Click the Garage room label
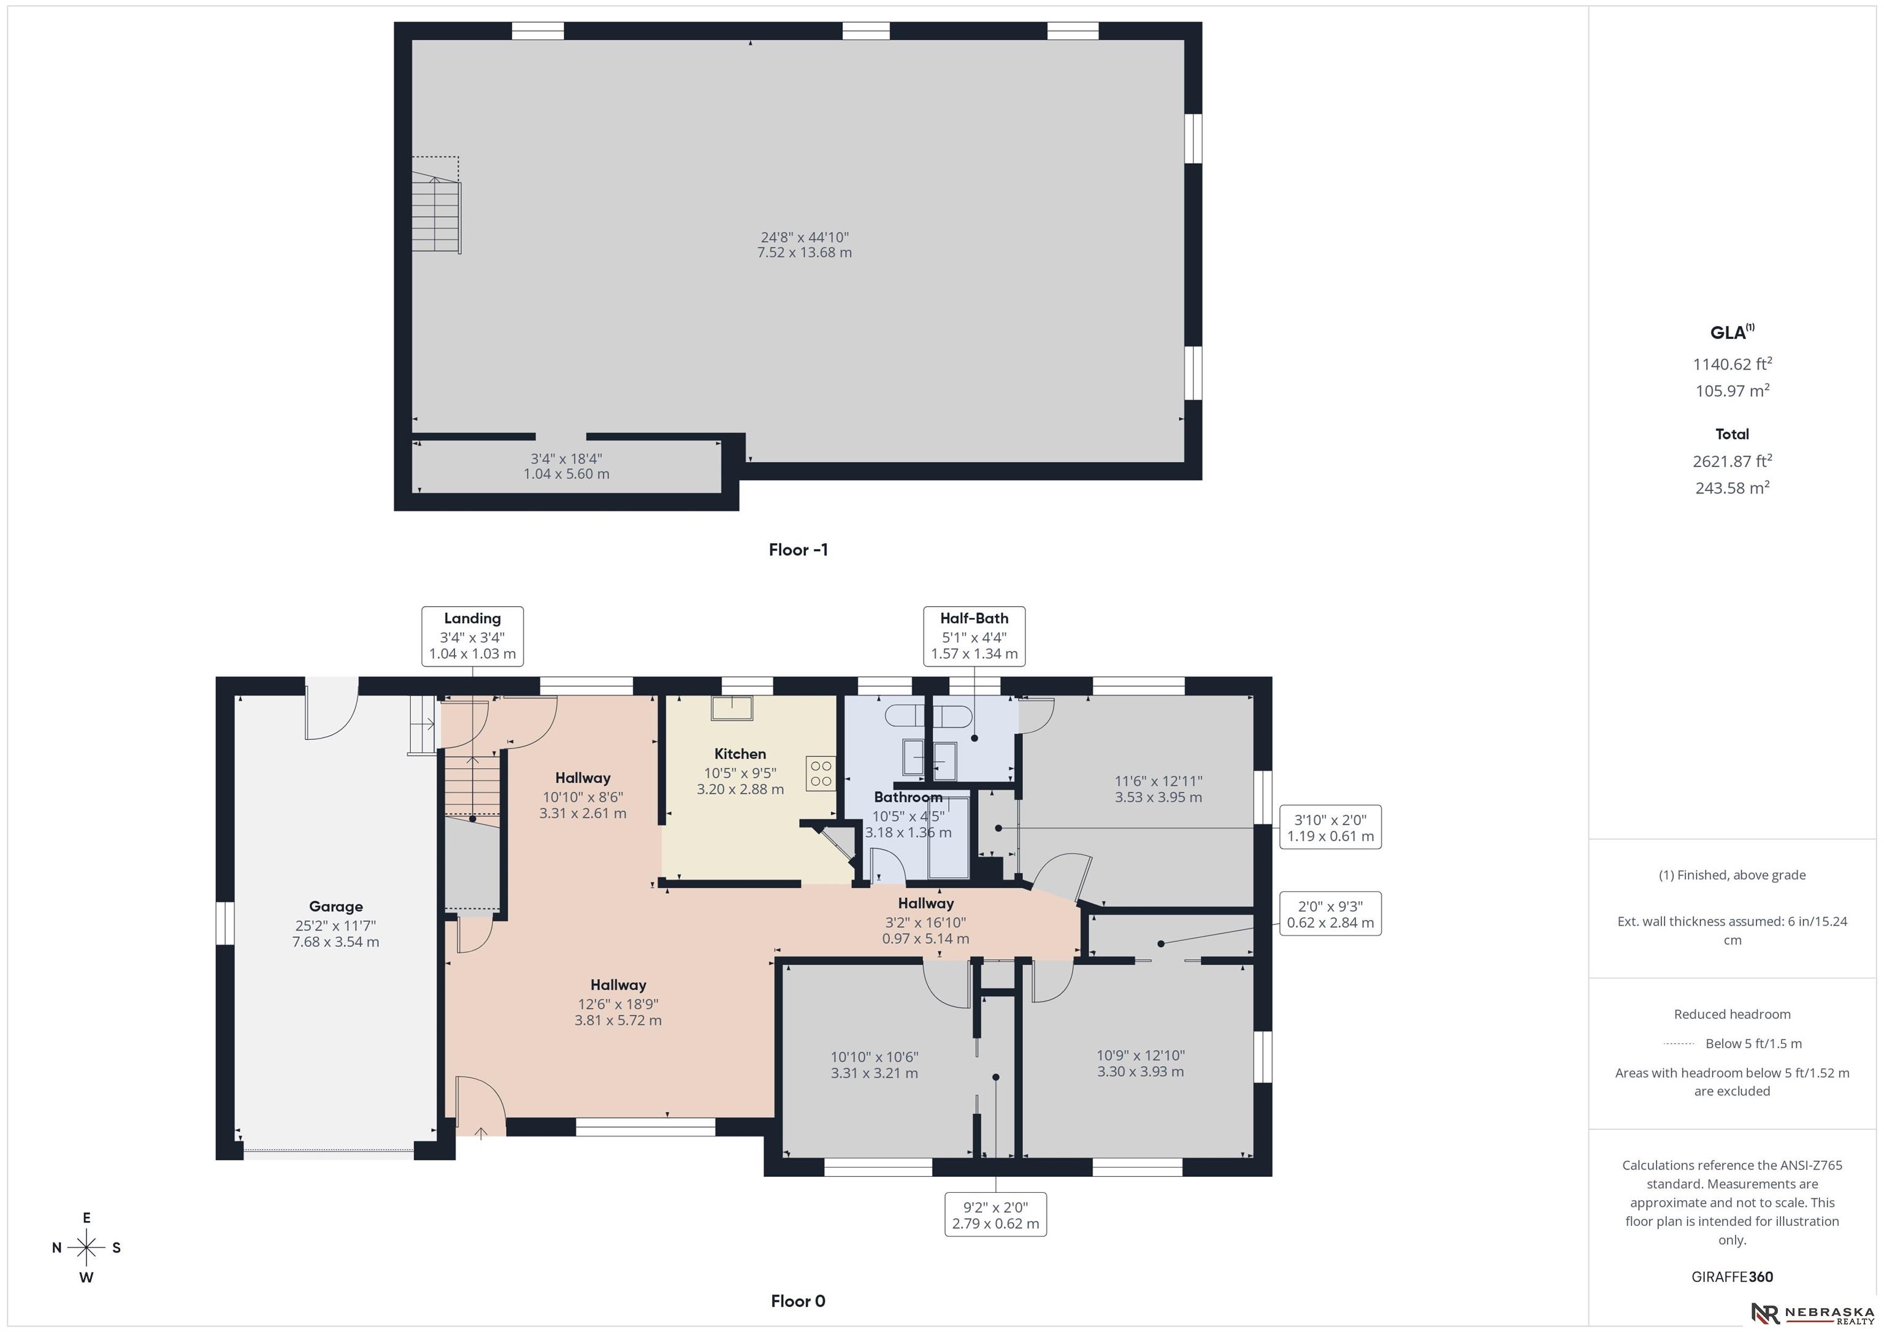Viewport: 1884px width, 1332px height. pyautogui.click(x=335, y=907)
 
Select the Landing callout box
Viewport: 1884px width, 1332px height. pyautogui.click(x=473, y=636)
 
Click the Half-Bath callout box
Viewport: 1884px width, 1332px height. pyautogui.click(x=974, y=636)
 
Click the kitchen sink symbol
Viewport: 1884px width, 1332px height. pyautogui.click(x=732, y=709)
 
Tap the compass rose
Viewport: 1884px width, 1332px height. pyautogui.click(x=86, y=1247)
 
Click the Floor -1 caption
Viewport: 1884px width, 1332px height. pyautogui.click(x=798, y=549)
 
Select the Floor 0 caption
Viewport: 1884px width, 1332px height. pyautogui.click(x=798, y=1301)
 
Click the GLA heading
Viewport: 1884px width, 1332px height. pyautogui.click(x=1731, y=332)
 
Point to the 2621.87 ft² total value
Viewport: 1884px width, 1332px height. pyautogui.click(x=1732, y=460)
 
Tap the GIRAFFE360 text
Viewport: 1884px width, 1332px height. pyautogui.click(x=1732, y=1277)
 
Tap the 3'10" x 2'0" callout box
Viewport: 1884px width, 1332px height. pyautogui.click(x=1330, y=827)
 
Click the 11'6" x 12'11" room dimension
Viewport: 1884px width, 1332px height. pyautogui.click(x=1158, y=781)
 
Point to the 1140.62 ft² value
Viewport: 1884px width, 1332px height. pyautogui.click(x=1732, y=363)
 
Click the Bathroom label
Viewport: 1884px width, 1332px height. pyautogui.click(x=908, y=796)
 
